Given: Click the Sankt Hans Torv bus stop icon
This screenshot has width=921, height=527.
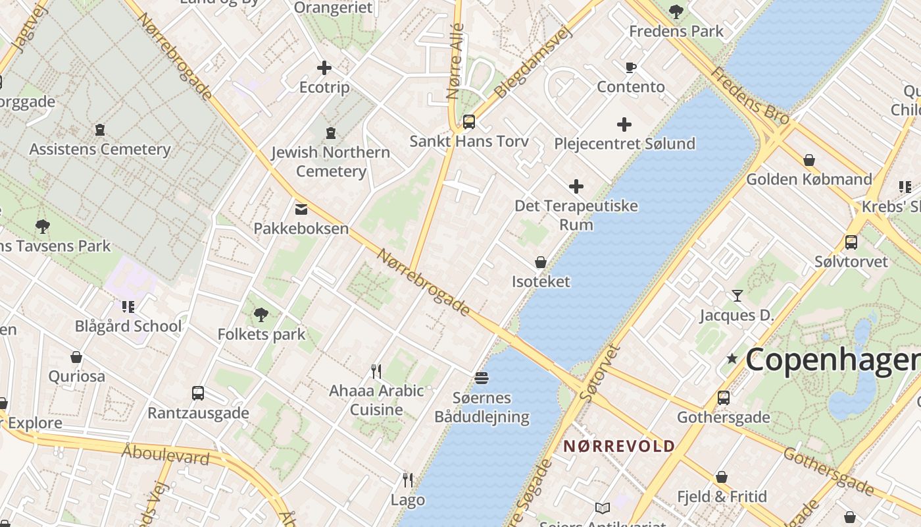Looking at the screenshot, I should pyautogui.click(x=469, y=122).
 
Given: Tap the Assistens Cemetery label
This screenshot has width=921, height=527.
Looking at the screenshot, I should pyautogui.click(x=99, y=150).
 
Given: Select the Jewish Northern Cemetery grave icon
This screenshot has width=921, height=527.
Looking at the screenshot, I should pyautogui.click(x=331, y=133).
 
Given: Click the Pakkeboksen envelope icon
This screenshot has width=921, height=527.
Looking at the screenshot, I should pyautogui.click(x=301, y=209).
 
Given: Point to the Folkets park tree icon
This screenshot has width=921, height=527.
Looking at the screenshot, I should pyautogui.click(x=261, y=315).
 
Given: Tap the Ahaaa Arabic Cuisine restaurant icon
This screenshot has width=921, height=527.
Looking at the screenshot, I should pyautogui.click(x=376, y=372).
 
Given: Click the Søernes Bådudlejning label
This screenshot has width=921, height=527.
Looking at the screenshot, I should pyautogui.click(x=482, y=407).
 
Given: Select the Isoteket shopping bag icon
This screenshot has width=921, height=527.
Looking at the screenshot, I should pyautogui.click(x=541, y=262).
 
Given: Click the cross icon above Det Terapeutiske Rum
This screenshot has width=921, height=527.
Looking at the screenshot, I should pyautogui.click(x=576, y=186).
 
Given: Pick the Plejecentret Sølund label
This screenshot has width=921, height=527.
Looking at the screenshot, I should pyautogui.click(x=624, y=144).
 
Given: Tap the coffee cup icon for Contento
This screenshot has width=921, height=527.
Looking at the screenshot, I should pyautogui.click(x=630, y=67).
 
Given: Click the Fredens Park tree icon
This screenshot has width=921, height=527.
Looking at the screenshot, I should pyautogui.click(x=676, y=11).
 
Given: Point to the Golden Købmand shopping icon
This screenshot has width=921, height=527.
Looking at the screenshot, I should pyautogui.click(x=809, y=160).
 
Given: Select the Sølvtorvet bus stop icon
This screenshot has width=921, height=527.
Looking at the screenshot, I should pyautogui.click(x=851, y=242).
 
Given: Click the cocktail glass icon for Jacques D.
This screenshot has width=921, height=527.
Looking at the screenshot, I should pyautogui.click(x=737, y=296).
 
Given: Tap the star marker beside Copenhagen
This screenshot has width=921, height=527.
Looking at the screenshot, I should pyautogui.click(x=732, y=359).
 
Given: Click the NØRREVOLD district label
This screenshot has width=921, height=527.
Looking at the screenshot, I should pyautogui.click(x=619, y=446).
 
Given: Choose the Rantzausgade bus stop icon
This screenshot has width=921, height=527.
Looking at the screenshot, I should pyautogui.click(x=198, y=393).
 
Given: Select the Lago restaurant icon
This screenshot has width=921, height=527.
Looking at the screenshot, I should pyautogui.click(x=408, y=480).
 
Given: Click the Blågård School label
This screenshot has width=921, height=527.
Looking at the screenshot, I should pyautogui.click(x=128, y=326).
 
